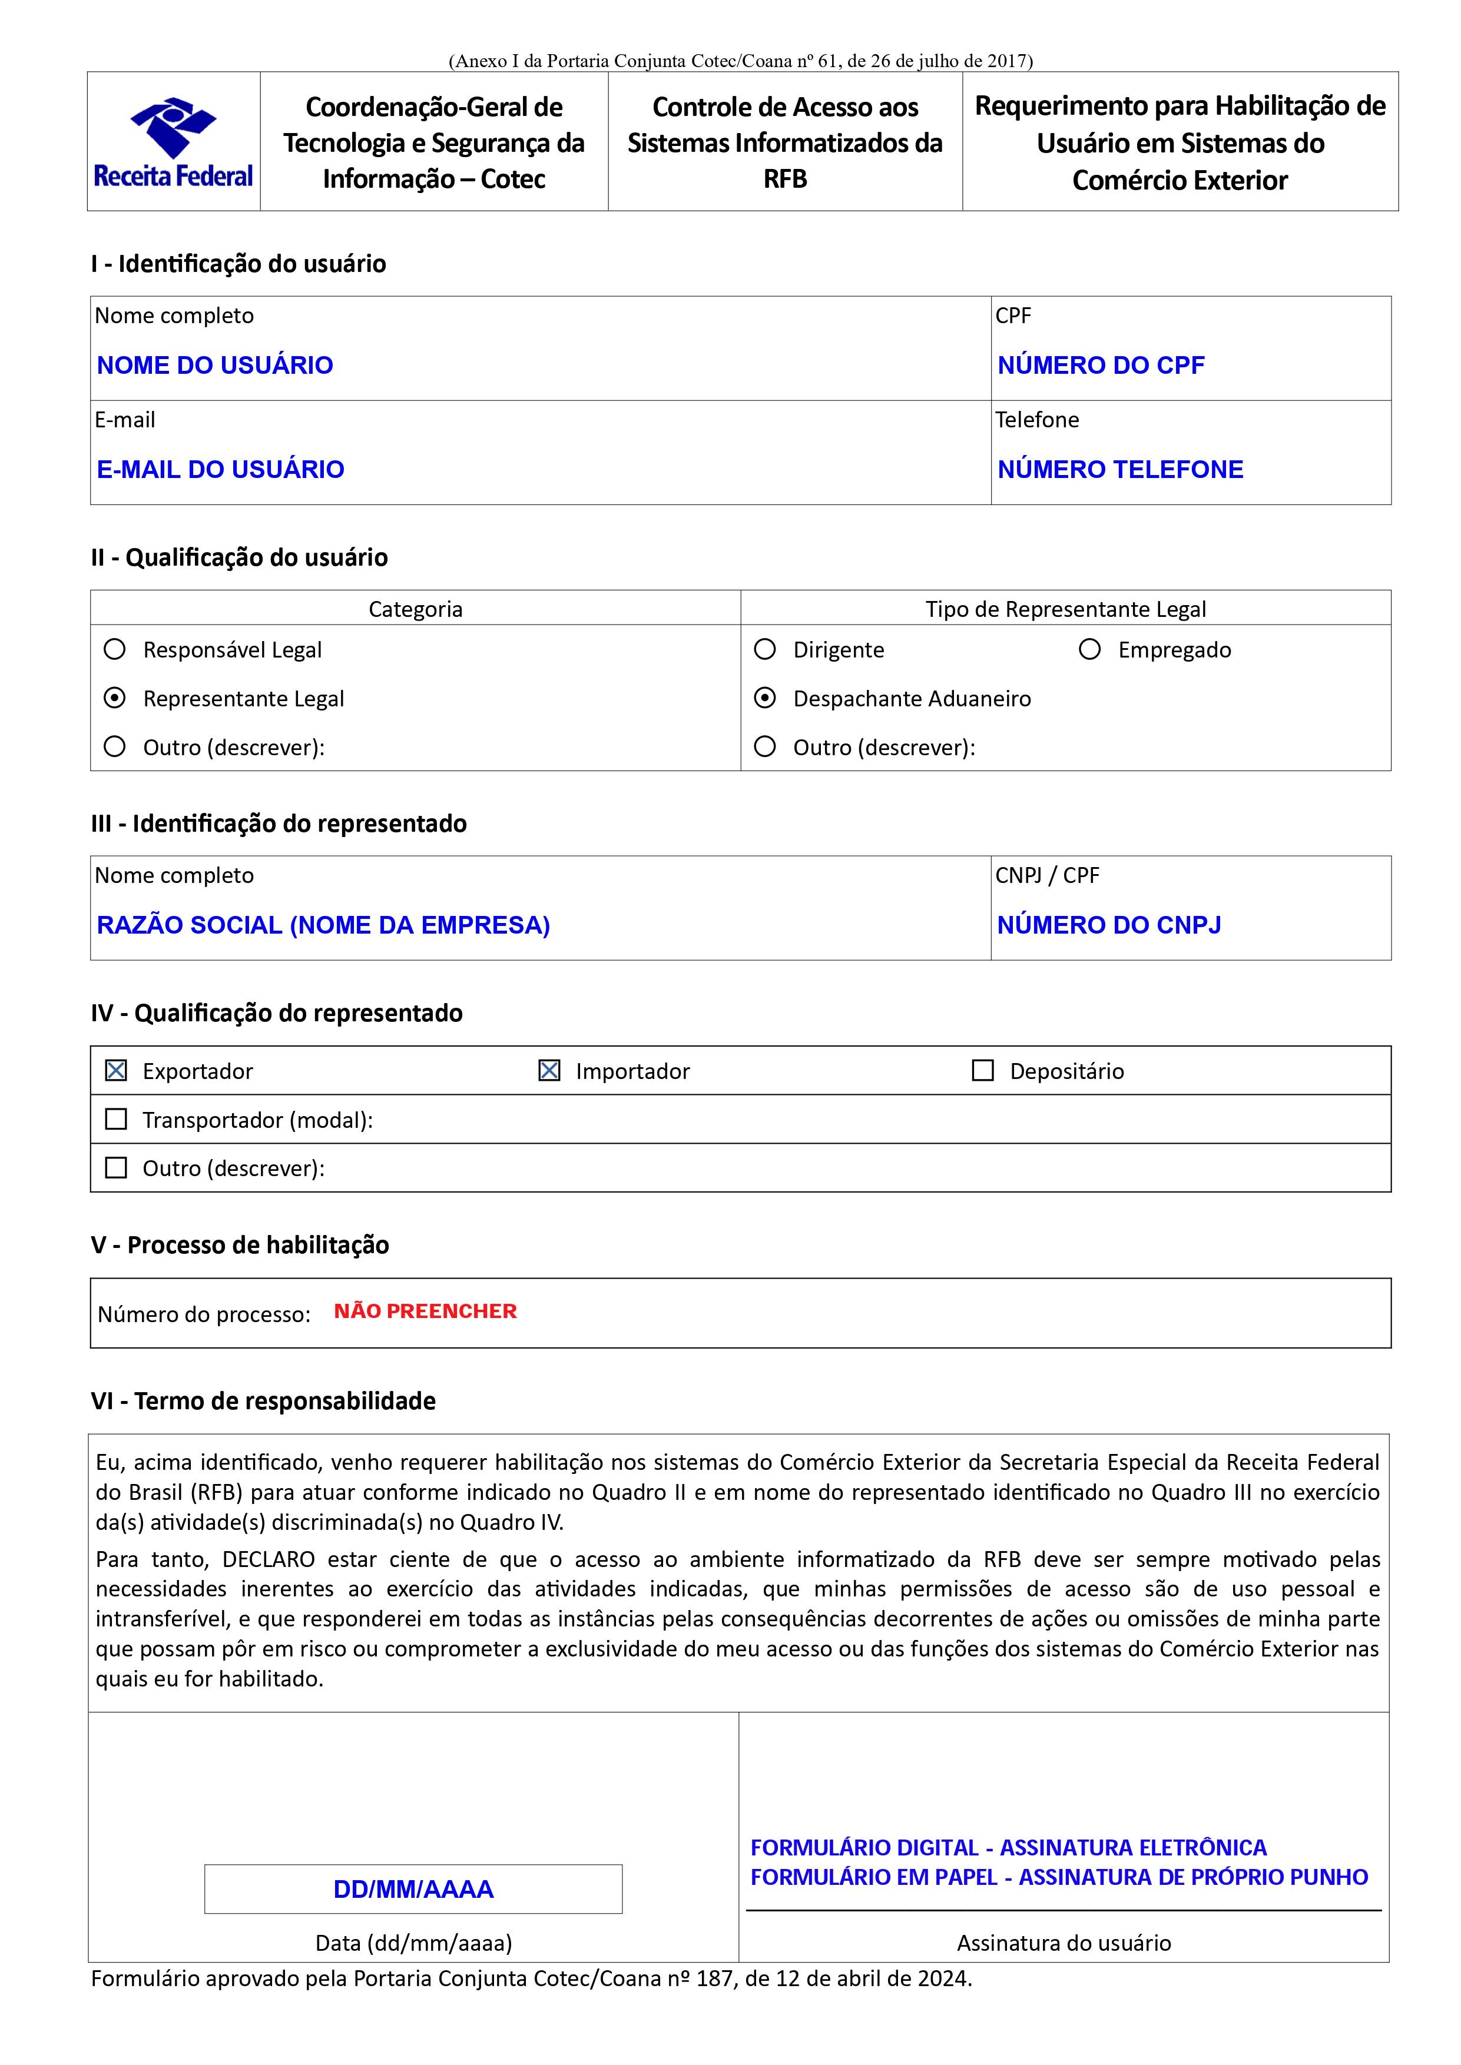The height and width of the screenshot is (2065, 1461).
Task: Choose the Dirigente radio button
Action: click(765, 649)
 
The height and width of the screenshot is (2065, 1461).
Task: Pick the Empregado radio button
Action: click(1089, 649)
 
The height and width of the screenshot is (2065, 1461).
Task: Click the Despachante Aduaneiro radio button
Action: click(765, 698)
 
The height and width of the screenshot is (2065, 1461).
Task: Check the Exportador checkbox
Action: click(116, 1070)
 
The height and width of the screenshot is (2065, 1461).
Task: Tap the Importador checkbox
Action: click(549, 1070)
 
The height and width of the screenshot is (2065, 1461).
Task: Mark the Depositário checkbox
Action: click(983, 1070)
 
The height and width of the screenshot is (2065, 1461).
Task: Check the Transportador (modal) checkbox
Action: click(116, 1119)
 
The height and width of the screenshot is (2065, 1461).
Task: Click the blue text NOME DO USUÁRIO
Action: click(215, 365)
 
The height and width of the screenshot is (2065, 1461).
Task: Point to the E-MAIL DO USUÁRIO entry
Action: click(220, 470)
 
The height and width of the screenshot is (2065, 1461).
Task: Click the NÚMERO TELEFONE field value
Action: click(1120, 470)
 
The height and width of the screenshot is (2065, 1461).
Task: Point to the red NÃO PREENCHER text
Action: click(426, 1312)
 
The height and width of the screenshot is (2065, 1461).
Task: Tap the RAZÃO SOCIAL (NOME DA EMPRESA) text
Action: click(323, 925)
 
